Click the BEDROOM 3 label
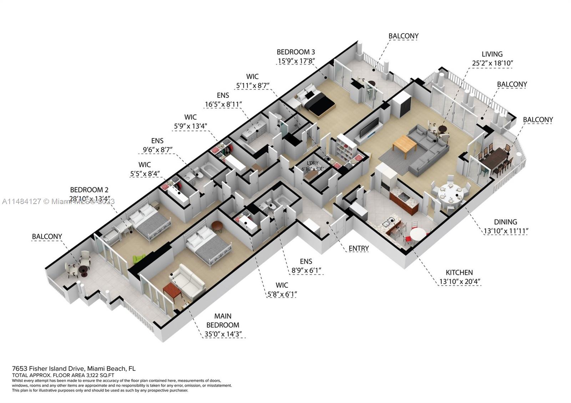pos(296,52)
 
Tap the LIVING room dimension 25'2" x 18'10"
pos(492,63)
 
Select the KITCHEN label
pos(459,272)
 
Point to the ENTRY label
pos(358,248)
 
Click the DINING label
pos(505,222)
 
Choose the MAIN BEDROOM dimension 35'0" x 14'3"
pos(223,334)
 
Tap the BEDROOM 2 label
pos(89,190)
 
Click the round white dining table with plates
pos(450,194)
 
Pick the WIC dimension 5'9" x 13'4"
pos(191,126)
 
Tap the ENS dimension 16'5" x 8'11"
pos(223,104)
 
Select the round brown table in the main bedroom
pos(217,226)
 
